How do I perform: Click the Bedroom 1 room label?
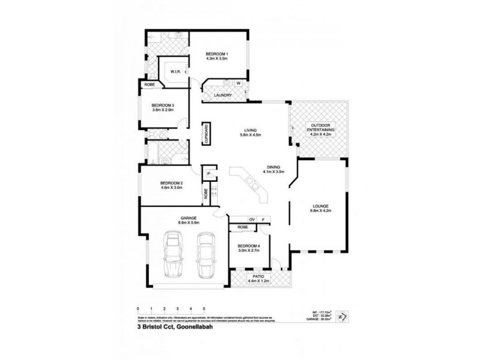(x=217, y=53)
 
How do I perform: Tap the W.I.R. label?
(x=176, y=71)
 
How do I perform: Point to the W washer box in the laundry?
(x=238, y=83)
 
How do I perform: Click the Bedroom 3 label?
(x=163, y=106)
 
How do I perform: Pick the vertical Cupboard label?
(x=205, y=133)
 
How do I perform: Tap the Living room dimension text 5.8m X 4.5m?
(x=246, y=135)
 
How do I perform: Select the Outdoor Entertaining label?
(x=320, y=127)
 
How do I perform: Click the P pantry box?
(x=208, y=174)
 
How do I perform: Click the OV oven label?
(x=253, y=220)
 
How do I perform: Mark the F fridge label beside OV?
(x=263, y=220)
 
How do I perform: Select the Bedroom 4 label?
(x=248, y=247)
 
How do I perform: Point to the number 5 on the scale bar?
(x=204, y=308)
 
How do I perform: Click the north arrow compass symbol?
(x=341, y=317)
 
